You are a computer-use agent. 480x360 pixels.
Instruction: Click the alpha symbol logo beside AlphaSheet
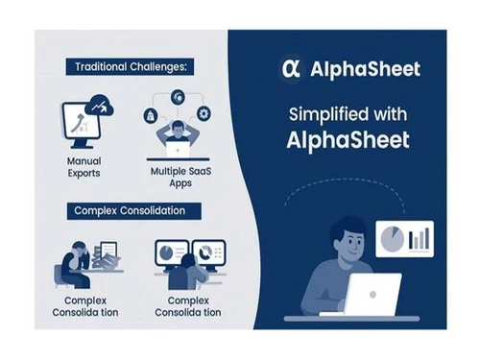[x=287, y=67]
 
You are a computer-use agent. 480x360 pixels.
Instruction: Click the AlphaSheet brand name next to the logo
[x=356, y=67]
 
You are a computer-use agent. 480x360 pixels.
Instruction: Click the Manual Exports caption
[x=84, y=168]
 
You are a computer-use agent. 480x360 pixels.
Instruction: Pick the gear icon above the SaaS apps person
[x=204, y=113]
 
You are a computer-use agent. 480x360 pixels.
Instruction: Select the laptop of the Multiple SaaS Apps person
[x=180, y=147]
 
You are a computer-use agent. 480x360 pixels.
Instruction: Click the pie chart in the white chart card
[x=391, y=237]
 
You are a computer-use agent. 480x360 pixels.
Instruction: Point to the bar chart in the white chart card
[x=418, y=238]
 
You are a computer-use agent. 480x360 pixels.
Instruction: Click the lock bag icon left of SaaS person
[x=153, y=115]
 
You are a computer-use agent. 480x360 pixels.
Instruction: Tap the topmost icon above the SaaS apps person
[x=179, y=96]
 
